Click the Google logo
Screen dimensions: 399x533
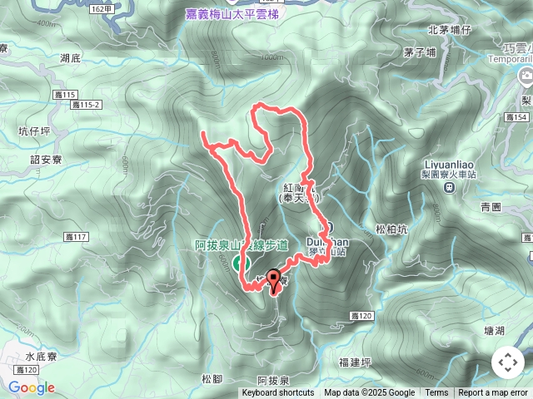click(32, 387)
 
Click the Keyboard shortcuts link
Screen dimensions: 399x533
click(277, 393)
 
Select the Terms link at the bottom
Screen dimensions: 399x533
click(436, 393)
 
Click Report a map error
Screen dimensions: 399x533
click(494, 393)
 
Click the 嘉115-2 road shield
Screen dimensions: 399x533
click(86, 105)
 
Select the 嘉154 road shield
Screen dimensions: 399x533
click(517, 118)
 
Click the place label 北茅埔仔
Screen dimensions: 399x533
click(449, 30)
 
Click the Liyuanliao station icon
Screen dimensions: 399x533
click(449, 188)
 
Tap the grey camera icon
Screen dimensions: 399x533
click(526, 77)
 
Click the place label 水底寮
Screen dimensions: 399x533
click(41, 356)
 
